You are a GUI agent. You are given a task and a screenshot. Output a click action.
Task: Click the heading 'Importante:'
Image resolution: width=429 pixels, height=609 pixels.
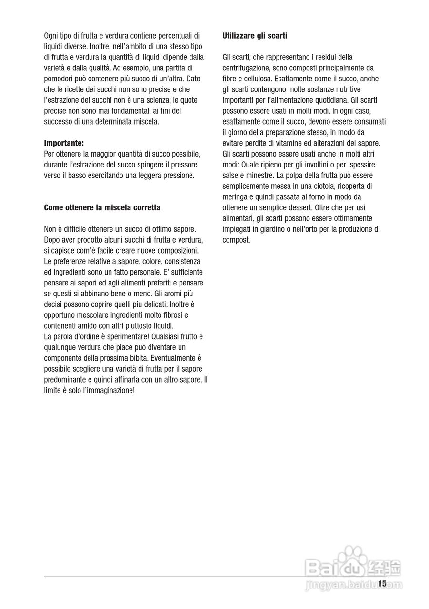coord(64,143)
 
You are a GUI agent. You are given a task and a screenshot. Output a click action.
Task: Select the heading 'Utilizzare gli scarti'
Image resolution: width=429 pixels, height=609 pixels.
coord(255,36)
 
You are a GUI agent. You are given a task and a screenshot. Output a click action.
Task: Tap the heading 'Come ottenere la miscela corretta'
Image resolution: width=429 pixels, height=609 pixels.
coord(102,207)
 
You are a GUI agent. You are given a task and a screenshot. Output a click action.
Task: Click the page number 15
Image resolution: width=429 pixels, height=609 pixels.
coord(382,583)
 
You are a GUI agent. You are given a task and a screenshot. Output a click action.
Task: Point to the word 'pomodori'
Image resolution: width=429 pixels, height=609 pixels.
coord(58,79)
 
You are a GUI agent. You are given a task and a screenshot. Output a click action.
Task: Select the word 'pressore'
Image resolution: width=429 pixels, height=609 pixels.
coord(184,165)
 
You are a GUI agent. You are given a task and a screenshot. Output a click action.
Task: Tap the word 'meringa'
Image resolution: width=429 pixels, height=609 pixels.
coord(235,197)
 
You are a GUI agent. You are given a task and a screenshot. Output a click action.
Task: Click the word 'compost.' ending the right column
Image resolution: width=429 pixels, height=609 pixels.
coord(236,240)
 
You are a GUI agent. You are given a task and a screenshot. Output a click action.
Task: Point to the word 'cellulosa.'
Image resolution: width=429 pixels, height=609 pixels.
coord(257,79)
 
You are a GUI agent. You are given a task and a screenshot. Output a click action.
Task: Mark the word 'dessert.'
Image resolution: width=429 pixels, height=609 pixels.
coord(299,208)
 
